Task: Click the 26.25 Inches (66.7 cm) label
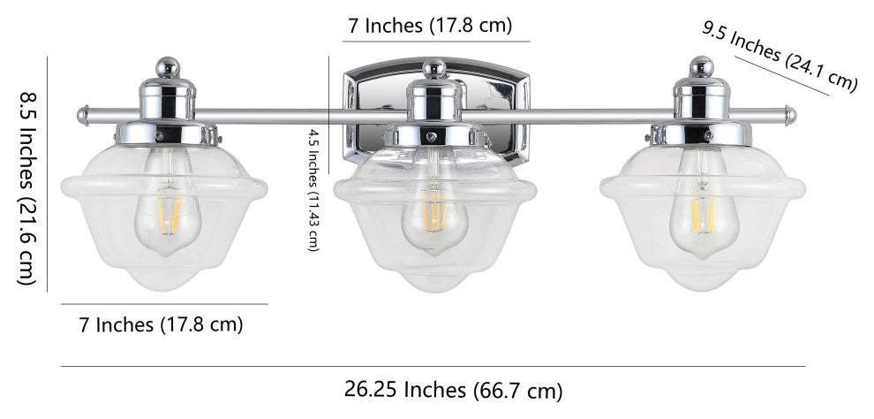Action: click(x=452, y=389)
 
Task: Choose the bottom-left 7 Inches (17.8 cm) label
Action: click(x=162, y=324)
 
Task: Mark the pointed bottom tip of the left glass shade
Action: click(x=166, y=288)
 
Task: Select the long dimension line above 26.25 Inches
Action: click(x=433, y=366)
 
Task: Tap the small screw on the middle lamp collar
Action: click(x=430, y=138)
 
